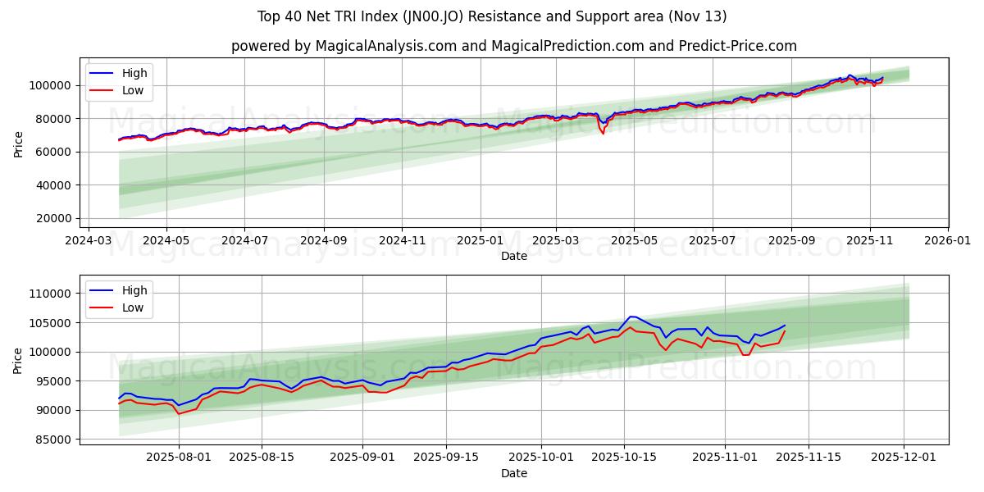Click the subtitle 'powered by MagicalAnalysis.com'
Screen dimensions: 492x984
[x=513, y=46]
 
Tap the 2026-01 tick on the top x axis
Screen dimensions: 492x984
[x=948, y=243]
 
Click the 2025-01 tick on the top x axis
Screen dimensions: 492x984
[x=480, y=243]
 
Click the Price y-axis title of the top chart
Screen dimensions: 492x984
[x=19, y=143]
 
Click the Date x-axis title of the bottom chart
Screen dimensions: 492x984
[x=513, y=474]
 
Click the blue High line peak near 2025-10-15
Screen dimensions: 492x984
[x=631, y=317]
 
